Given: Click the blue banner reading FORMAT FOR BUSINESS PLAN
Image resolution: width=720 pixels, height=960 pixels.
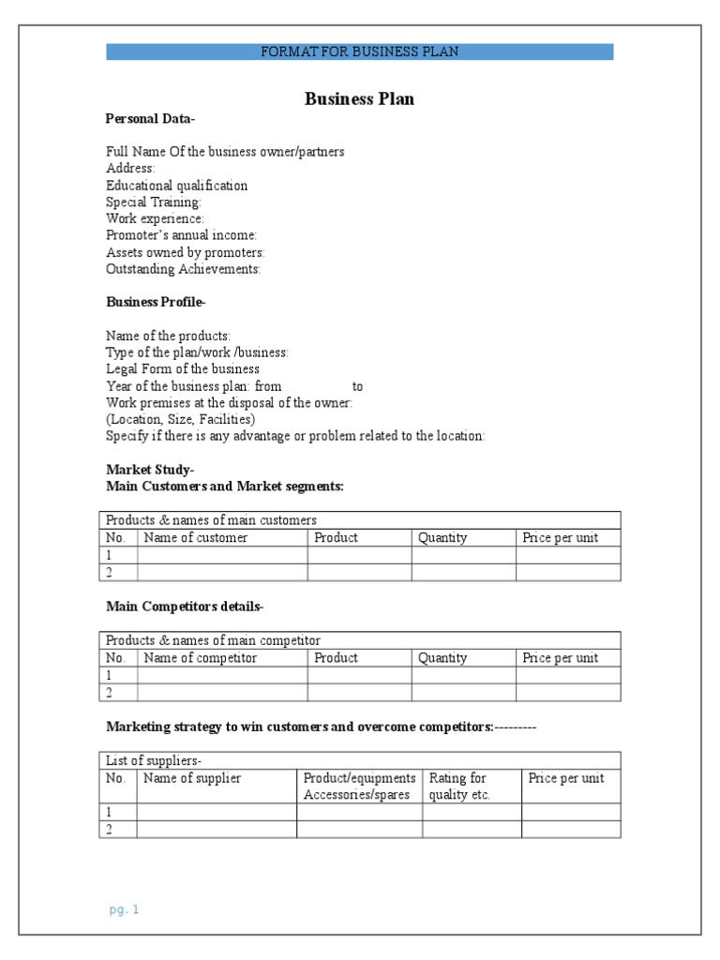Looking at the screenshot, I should tap(359, 52).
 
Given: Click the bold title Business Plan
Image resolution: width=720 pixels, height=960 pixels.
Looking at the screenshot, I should tap(359, 99).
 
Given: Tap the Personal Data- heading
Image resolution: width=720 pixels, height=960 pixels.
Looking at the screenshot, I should tap(150, 119).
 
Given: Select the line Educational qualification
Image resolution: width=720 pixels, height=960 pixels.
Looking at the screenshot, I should tap(177, 186).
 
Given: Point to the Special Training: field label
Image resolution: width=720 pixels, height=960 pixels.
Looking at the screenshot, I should tap(154, 202).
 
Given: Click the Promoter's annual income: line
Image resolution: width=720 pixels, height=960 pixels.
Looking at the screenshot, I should tap(182, 235).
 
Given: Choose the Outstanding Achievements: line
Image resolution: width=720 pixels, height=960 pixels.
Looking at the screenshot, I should tap(184, 269).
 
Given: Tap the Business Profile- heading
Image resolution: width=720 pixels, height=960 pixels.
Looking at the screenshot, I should tap(156, 302).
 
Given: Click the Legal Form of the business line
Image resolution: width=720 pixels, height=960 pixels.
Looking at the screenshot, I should tap(183, 369).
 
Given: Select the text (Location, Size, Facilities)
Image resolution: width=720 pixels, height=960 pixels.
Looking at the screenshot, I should tap(180, 420).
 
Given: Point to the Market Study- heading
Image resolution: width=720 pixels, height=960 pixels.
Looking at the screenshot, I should tap(150, 470).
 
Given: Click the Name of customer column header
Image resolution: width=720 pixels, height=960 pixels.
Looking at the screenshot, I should tap(195, 538).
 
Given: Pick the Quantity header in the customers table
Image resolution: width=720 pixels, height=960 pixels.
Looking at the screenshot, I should tap(442, 538).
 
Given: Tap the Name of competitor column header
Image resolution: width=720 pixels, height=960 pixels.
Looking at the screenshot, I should tap(200, 658).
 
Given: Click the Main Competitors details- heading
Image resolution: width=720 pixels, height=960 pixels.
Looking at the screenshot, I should tap(185, 607).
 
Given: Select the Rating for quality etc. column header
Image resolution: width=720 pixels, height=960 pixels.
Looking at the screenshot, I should tap(459, 787).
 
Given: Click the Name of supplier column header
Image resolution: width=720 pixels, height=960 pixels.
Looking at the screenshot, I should tap(192, 778).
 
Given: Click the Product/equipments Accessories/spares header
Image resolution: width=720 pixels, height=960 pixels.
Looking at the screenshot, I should tap(359, 787).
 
